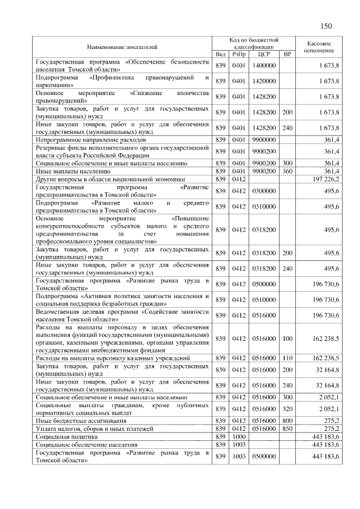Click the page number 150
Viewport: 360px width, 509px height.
(327, 26)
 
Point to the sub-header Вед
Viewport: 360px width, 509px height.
(220, 55)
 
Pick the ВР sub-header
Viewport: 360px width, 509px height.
(287, 55)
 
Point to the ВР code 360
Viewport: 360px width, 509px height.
(287, 171)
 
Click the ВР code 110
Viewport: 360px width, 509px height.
(287, 358)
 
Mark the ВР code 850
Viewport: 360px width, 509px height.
(287, 428)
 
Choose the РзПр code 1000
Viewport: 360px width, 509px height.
(239, 436)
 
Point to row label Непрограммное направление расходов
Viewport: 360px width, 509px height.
(91, 139)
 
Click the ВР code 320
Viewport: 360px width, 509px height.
(287, 408)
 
